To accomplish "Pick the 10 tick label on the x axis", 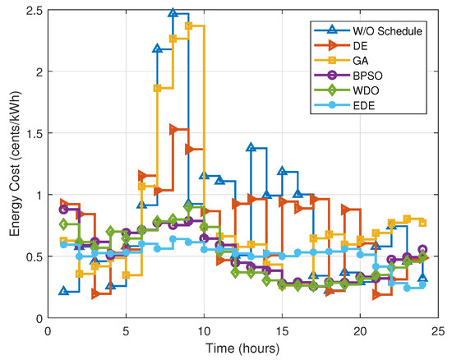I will (x=204, y=330).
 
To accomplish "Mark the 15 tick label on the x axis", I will (x=282, y=330).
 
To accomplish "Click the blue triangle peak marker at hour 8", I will (x=173, y=13).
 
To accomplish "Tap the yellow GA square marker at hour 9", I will (x=189, y=26).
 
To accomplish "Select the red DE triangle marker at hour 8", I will (x=173, y=130).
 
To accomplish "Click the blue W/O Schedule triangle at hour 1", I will (x=64, y=291).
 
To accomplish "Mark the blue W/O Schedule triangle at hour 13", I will (x=251, y=147).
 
